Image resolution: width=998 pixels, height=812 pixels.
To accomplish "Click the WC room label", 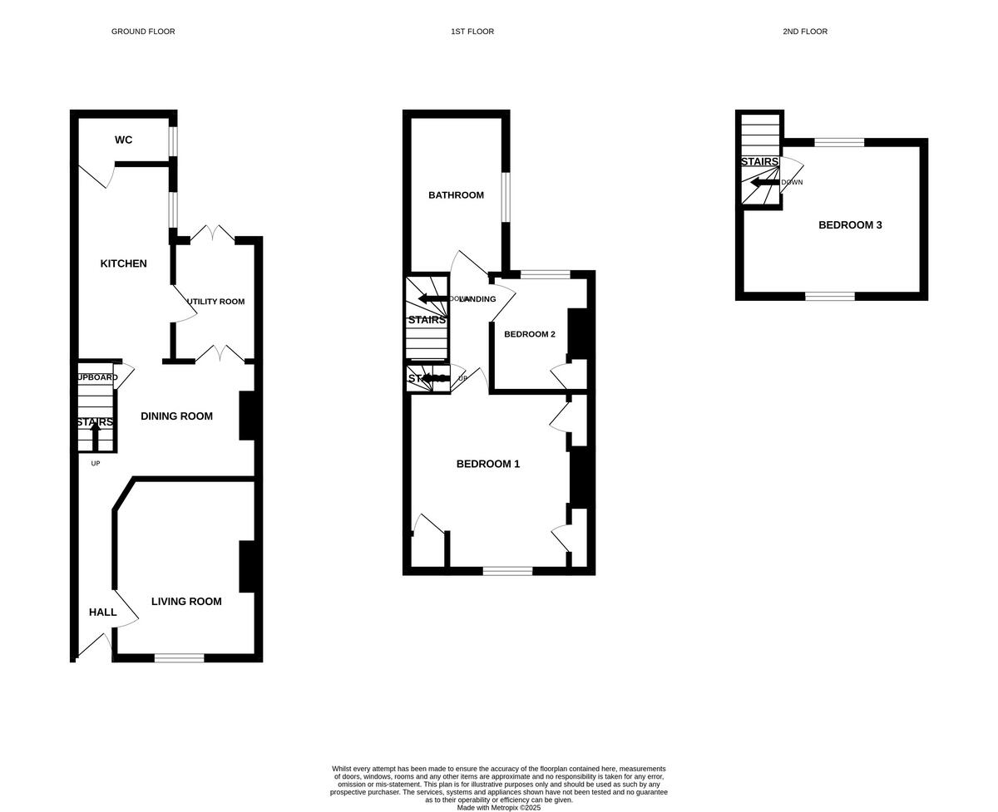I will [123, 140].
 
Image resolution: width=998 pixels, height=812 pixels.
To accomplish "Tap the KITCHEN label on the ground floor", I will [123, 263].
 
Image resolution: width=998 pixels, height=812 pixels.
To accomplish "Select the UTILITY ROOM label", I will [215, 302].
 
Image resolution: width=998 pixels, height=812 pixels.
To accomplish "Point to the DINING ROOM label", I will [176, 416].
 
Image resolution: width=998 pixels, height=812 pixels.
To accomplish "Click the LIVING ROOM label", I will [186, 602].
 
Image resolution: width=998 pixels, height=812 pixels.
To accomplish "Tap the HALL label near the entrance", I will [102, 613].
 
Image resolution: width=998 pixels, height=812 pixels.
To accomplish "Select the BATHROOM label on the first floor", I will [456, 195].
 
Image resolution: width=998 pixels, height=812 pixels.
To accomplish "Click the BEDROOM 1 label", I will [487, 464].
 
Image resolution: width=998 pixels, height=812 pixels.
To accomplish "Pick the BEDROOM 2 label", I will [529, 334].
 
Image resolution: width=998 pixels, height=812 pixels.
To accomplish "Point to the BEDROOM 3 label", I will [850, 225].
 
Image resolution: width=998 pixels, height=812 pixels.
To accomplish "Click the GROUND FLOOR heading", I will [143, 32].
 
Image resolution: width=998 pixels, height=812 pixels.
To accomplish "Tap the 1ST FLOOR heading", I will [472, 32].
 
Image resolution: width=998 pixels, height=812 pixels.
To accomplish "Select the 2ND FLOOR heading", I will [804, 32].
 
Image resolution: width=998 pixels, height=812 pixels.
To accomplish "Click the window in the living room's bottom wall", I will [179, 658].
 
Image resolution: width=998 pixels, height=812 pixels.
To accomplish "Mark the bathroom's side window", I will [506, 197].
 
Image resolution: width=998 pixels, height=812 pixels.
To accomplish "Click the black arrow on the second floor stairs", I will [764, 183].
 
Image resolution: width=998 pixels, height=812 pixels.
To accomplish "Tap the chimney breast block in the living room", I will [246, 567].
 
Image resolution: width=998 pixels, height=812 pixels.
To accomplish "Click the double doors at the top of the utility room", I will [212, 235].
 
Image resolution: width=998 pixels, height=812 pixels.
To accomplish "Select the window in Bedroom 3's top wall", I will [838, 142].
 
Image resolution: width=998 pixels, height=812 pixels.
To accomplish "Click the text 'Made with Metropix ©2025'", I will [498, 807].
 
